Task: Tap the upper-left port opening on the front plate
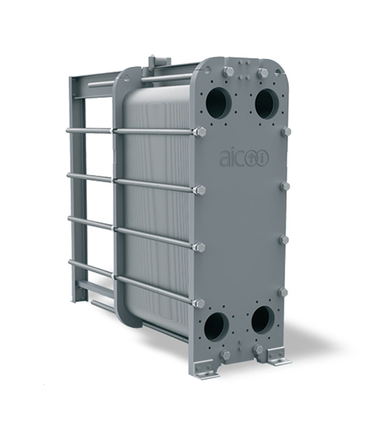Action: click(x=219, y=103)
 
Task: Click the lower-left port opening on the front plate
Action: click(x=216, y=325)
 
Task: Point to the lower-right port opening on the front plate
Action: click(x=262, y=318)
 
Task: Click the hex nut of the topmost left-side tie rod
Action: click(x=201, y=132)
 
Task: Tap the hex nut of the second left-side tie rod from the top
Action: click(x=200, y=190)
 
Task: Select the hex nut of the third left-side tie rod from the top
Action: click(x=199, y=247)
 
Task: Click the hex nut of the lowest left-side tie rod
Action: click(x=198, y=303)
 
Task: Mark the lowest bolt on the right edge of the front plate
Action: click(x=282, y=292)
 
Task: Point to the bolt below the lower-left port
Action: click(x=225, y=354)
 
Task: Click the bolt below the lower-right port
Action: click(x=258, y=349)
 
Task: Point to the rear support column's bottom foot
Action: click(x=78, y=298)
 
